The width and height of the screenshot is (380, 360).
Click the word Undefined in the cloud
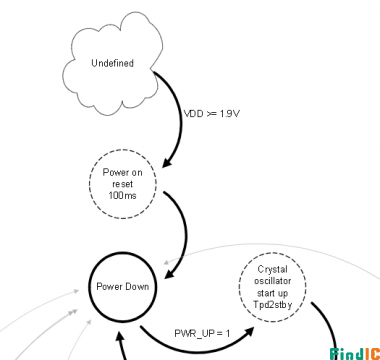[x=112, y=63]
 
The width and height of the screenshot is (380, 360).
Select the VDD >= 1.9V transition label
[x=212, y=114]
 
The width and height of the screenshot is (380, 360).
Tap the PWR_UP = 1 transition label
[x=202, y=333]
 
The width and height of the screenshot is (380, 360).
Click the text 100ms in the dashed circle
[x=122, y=196]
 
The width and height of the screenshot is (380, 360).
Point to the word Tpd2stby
[x=272, y=305]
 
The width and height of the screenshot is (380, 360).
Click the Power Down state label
[x=123, y=287]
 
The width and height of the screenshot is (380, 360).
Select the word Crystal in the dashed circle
[x=272, y=269]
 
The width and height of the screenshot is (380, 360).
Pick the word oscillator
[x=272, y=281]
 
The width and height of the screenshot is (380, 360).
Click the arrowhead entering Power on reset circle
[x=168, y=162]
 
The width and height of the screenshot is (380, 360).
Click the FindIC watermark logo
[x=355, y=353]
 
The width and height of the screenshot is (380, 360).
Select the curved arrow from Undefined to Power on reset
[x=181, y=117]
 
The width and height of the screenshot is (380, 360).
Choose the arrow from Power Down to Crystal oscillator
[x=197, y=350]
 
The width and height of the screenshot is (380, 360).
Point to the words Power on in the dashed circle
[x=122, y=172]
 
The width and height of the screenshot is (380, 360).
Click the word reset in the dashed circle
[x=122, y=184]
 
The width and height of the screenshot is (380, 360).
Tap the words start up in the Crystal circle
[x=272, y=293]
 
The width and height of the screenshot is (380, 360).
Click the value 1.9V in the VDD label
[x=229, y=114]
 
